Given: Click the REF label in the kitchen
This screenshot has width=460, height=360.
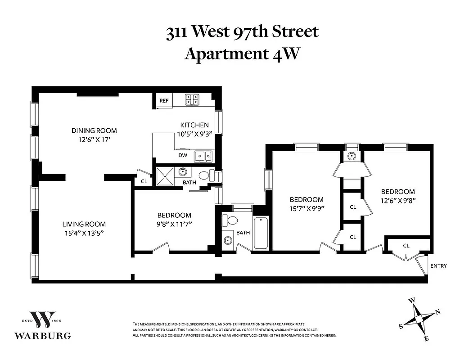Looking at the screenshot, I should click(164, 101).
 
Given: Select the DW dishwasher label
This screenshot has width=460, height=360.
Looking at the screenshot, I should click(182, 155).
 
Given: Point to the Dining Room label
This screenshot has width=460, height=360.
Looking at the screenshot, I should click(94, 130).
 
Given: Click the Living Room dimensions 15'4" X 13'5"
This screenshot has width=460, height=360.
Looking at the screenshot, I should click(84, 233).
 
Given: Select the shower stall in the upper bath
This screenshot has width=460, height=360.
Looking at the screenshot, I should click(165, 176).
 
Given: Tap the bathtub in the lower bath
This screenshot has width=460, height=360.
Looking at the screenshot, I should click(261, 232).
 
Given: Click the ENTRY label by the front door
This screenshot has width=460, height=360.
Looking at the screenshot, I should click(438, 266).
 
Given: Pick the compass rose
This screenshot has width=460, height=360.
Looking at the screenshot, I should click(419, 319).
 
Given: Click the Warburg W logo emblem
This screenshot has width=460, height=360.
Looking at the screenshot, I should click(43, 320).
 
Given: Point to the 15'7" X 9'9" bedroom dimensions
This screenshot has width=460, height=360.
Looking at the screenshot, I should click(307, 208).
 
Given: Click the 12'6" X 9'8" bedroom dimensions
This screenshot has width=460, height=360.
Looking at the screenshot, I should click(397, 200).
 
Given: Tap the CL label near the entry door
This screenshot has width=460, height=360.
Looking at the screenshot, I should click(406, 246).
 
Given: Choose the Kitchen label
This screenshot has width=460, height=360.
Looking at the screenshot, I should click(194, 125).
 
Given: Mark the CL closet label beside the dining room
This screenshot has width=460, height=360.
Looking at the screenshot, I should click(144, 182).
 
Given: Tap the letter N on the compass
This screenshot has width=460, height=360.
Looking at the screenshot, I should click(437, 312).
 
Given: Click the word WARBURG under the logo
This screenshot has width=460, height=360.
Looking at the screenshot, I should click(43, 336).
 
